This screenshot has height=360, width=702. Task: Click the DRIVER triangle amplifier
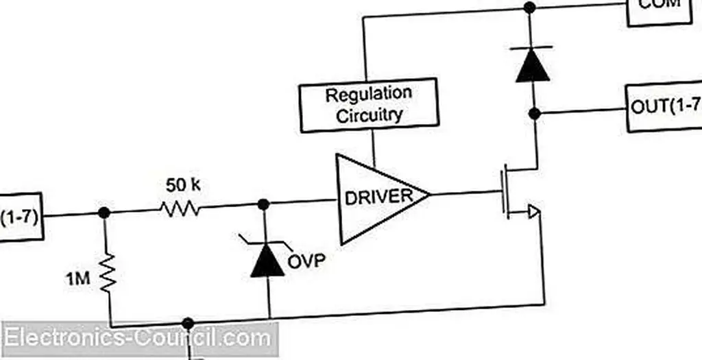coord(377,198)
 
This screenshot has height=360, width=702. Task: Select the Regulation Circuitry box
coord(369,105)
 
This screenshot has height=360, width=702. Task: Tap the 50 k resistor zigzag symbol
coord(180,208)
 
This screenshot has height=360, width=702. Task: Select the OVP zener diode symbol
coord(267,260)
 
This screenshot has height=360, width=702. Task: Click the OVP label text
coord(307,261)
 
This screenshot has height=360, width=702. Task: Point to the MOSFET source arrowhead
coord(533,213)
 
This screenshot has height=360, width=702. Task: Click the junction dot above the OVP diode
coord(263,204)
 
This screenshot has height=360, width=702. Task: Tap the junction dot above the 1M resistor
coord(104,213)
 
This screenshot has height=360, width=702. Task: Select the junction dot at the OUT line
coord(535,112)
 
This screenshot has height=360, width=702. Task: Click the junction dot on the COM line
coord(529,8)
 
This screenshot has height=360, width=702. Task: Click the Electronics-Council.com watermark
coord(137,339)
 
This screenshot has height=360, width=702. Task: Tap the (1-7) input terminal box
coord(21,218)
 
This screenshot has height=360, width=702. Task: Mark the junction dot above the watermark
coord(188,323)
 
